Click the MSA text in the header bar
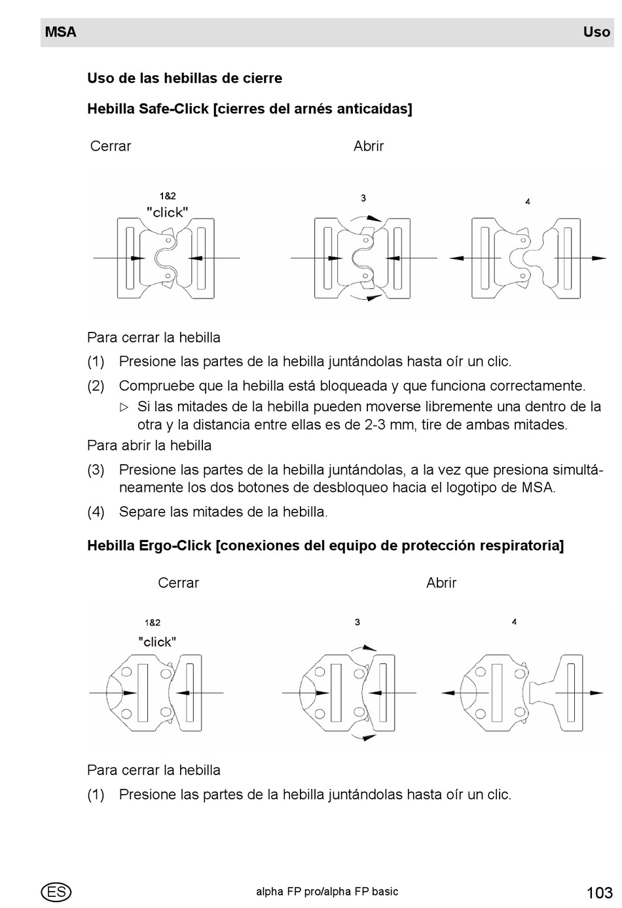point(61,32)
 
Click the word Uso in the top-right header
point(596,32)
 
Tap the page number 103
point(599,892)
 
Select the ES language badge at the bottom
point(56,892)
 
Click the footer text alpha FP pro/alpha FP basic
point(327,891)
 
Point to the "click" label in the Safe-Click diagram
point(168,212)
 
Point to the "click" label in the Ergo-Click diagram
point(157,642)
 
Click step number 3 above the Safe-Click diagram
point(363,198)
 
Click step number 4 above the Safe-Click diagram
point(528,202)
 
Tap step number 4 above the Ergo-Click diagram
point(514,621)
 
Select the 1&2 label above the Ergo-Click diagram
point(153,623)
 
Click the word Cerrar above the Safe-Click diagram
point(111,146)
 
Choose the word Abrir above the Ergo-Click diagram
point(441,583)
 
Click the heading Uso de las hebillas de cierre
point(185,78)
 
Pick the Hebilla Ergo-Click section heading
point(325,545)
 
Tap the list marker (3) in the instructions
point(96,469)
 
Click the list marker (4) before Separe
point(96,511)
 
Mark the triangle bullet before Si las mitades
point(124,407)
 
